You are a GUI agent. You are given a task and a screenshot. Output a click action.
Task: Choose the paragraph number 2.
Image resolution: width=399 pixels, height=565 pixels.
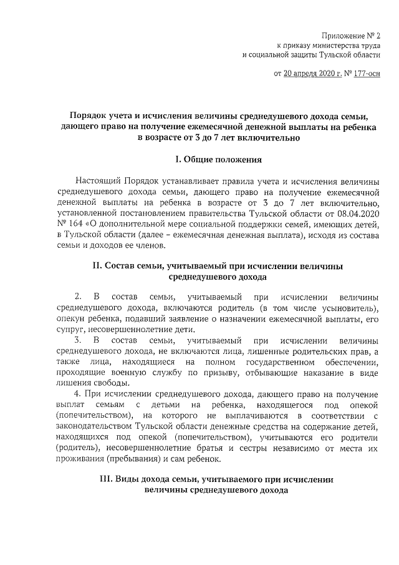[78, 297]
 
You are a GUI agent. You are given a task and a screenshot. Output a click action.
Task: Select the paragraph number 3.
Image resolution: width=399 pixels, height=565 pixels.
[78, 340]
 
